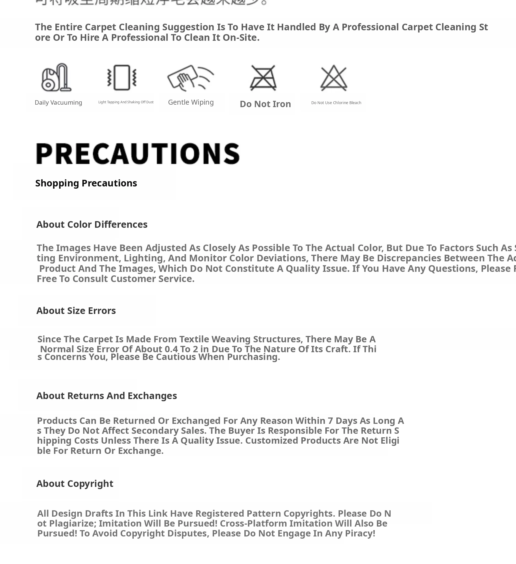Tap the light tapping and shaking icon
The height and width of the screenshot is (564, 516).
tap(122, 78)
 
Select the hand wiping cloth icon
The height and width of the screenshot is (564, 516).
tap(191, 78)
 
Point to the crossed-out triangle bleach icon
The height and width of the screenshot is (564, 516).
tap(334, 78)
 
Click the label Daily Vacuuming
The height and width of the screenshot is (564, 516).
tap(58, 103)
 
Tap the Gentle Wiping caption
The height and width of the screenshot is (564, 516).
tap(191, 102)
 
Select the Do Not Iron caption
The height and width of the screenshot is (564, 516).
tap(265, 104)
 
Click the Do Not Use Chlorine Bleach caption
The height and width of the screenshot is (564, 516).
tap(336, 103)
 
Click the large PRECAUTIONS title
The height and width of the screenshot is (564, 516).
tap(138, 154)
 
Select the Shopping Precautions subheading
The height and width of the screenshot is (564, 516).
tap(86, 183)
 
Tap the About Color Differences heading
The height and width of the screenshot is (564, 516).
tap(92, 224)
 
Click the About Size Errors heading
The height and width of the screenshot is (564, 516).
tap(76, 311)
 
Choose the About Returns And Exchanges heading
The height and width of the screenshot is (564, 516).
tap(107, 395)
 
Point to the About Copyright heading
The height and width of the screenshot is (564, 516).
tap(75, 483)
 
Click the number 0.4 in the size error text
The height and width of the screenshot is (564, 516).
tap(171, 349)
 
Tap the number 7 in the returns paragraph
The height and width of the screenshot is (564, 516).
tap(330, 421)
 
